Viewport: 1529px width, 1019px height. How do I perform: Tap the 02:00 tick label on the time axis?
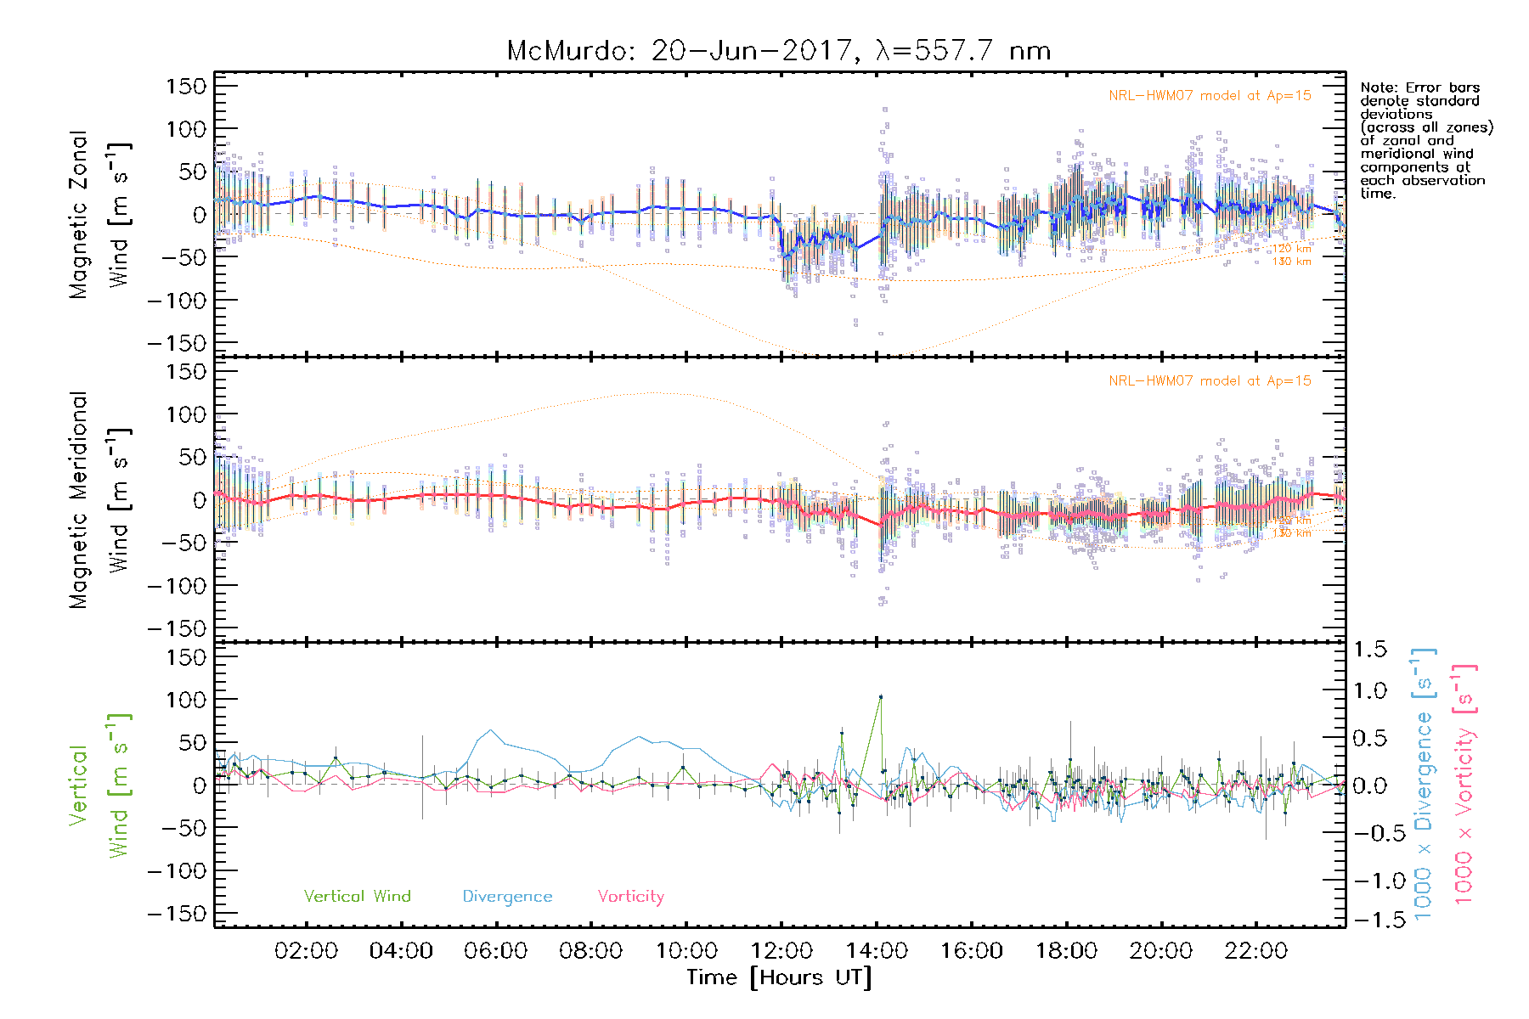(306, 951)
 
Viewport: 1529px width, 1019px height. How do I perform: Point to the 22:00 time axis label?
(1255, 951)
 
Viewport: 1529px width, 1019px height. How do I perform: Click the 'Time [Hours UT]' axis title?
(779, 977)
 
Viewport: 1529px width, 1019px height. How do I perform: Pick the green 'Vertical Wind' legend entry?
(357, 896)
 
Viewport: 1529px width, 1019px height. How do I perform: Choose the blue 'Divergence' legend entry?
(507, 896)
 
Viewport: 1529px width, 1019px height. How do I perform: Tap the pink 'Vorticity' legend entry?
(630, 896)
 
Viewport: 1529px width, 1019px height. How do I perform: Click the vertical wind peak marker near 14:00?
(881, 697)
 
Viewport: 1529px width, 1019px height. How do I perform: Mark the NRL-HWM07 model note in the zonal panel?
(1210, 96)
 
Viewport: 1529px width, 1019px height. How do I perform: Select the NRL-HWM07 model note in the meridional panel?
(1210, 381)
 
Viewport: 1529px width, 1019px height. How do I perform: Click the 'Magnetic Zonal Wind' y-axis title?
(100, 214)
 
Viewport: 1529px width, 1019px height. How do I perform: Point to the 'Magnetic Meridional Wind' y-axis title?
(100, 499)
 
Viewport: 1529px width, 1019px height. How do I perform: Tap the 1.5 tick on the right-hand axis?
(1369, 650)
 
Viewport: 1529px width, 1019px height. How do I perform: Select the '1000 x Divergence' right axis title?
(1424, 784)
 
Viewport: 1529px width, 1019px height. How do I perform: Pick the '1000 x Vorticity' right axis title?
(1464, 784)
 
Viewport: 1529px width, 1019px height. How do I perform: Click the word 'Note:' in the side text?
(1379, 88)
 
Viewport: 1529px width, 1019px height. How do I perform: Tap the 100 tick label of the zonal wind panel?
(187, 129)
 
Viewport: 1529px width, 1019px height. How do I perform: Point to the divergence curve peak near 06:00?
(490, 729)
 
